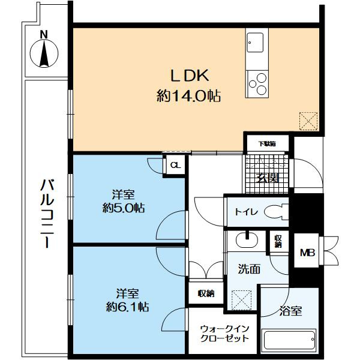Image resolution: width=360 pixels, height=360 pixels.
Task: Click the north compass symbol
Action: pyautogui.click(x=44, y=53)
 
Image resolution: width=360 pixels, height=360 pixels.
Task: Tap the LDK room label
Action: pyautogui.click(x=190, y=75)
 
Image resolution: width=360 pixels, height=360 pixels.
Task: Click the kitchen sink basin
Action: pyautogui.click(x=255, y=43)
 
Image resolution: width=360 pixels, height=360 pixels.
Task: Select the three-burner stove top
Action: pyautogui.click(x=257, y=84)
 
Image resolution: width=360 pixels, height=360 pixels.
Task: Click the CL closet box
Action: pyautogui.click(x=175, y=165)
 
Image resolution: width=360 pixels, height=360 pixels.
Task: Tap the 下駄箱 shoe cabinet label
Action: pyautogui.click(x=267, y=144)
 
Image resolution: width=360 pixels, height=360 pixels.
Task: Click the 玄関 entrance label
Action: pyautogui.click(x=267, y=178)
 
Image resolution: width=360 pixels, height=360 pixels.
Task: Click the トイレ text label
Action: pyautogui.click(x=247, y=212)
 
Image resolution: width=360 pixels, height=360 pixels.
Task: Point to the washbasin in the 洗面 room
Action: pyautogui.click(x=247, y=239)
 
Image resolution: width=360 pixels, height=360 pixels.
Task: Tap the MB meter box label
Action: pyautogui.click(x=308, y=253)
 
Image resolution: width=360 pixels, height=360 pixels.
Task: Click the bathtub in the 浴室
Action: pyautogui.click(x=289, y=340)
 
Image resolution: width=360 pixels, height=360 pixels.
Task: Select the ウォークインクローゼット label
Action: pyautogui.click(x=224, y=334)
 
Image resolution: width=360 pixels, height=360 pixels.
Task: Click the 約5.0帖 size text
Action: pyautogui.click(x=123, y=208)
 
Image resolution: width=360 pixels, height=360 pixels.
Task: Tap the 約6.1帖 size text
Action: pyautogui.click(x=127, y=306)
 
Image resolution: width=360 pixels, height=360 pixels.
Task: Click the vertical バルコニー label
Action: pyautogui.click(x=47, y=214)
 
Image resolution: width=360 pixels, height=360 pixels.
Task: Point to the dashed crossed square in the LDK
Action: pyautogui.click(x=308, y=121)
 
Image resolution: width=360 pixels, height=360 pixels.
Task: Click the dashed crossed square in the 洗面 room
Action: pyautogui.click(x=241, y=299)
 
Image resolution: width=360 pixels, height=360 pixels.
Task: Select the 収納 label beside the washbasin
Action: pyautogui.click(x=278, y=242)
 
